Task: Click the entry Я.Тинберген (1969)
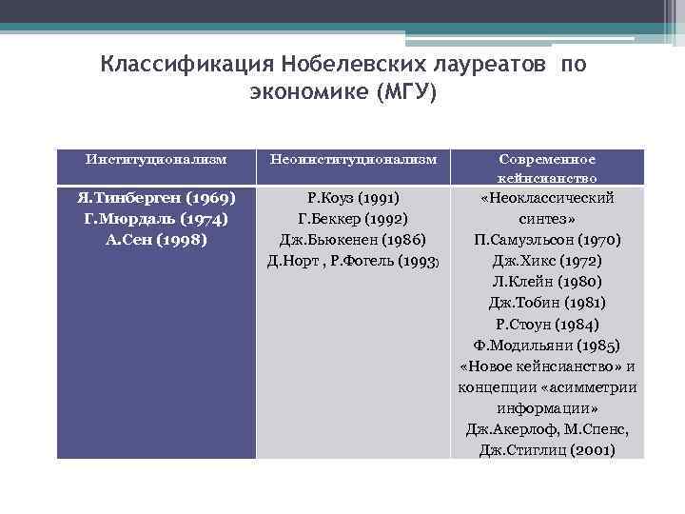coord(156,198)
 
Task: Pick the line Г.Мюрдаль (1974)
coord(156,219)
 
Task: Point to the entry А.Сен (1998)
coord(156,239)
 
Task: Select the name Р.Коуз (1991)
coord(353,198)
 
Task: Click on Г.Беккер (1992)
coord(353,219)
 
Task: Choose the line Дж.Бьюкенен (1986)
coord(353,239)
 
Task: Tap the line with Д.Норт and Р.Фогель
coord(353,260)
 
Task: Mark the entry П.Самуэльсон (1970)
coord(547,240)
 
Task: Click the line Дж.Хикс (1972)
coord(547,261)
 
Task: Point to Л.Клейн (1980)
coord(547,282)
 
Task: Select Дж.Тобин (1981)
coord(547,303)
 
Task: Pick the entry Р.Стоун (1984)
coord(547,324)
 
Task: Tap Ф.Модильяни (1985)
coord(547,345)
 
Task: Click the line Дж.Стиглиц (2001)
coord(547,449)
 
